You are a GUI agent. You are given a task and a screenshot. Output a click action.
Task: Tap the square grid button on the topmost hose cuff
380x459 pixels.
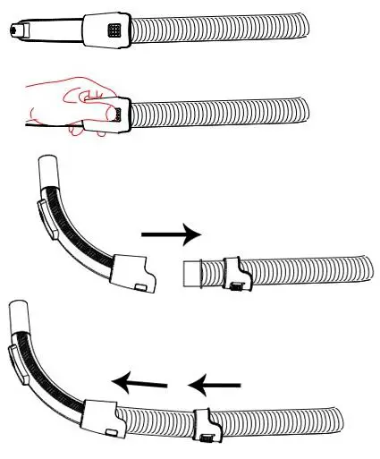[x=113, y=30]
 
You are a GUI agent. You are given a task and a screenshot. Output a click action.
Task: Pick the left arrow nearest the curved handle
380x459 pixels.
[x=139, y=383]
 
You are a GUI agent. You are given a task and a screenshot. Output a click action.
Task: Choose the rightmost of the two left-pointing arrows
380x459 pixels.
[x=215, y=385]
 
